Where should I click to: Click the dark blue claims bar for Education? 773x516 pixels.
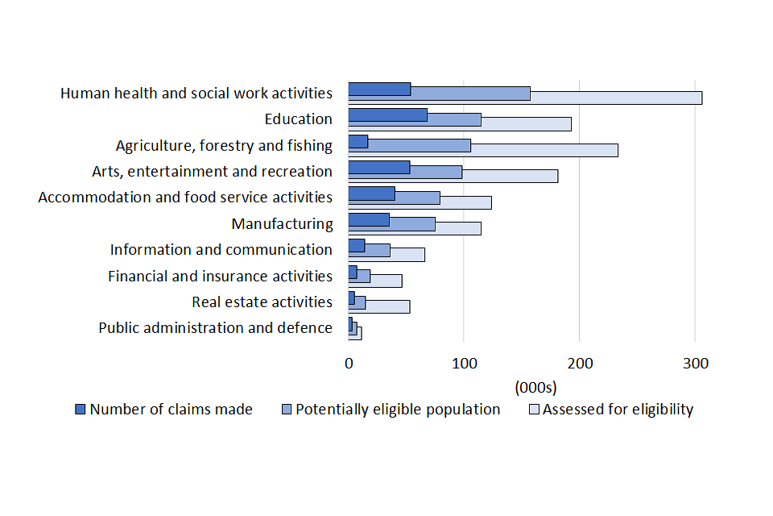387,114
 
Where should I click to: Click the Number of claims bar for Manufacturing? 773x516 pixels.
369,219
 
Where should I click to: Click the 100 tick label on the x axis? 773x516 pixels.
464,364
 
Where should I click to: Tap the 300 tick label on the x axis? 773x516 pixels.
696,364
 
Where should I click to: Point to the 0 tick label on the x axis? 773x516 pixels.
349,364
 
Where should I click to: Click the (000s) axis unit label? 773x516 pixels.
535,387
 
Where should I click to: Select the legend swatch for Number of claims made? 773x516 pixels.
80,410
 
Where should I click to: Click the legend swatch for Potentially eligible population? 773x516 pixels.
286,410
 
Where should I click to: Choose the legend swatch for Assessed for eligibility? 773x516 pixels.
533,410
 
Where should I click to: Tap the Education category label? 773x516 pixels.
298,119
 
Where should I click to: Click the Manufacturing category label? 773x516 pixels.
282,223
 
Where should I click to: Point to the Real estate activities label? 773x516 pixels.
262,302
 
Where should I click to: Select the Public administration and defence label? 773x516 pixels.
215,327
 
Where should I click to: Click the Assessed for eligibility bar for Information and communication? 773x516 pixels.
407,255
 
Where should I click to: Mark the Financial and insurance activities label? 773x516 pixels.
220,276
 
